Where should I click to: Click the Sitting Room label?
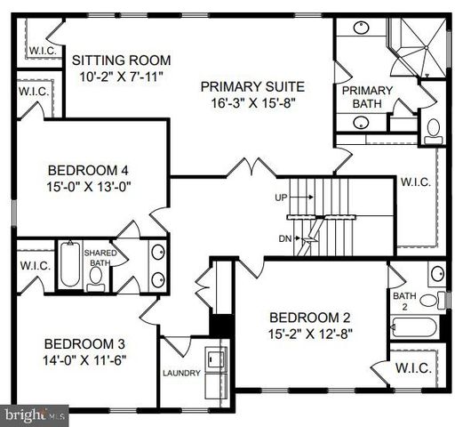pos(121,60)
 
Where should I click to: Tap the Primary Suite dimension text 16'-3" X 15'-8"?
pos(252,103)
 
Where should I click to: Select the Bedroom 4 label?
pos(92,170)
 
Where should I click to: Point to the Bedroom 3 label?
pos(84,344)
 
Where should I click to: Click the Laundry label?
pos(181,373)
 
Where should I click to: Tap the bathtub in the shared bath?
pos(69,264)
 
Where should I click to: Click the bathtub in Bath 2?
pos(413,326)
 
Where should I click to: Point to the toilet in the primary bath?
pos(434,131)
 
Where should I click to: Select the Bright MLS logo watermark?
pos(35,414)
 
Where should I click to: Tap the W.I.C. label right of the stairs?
pos(416,182)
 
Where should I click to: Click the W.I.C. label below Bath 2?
pos(412,367)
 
